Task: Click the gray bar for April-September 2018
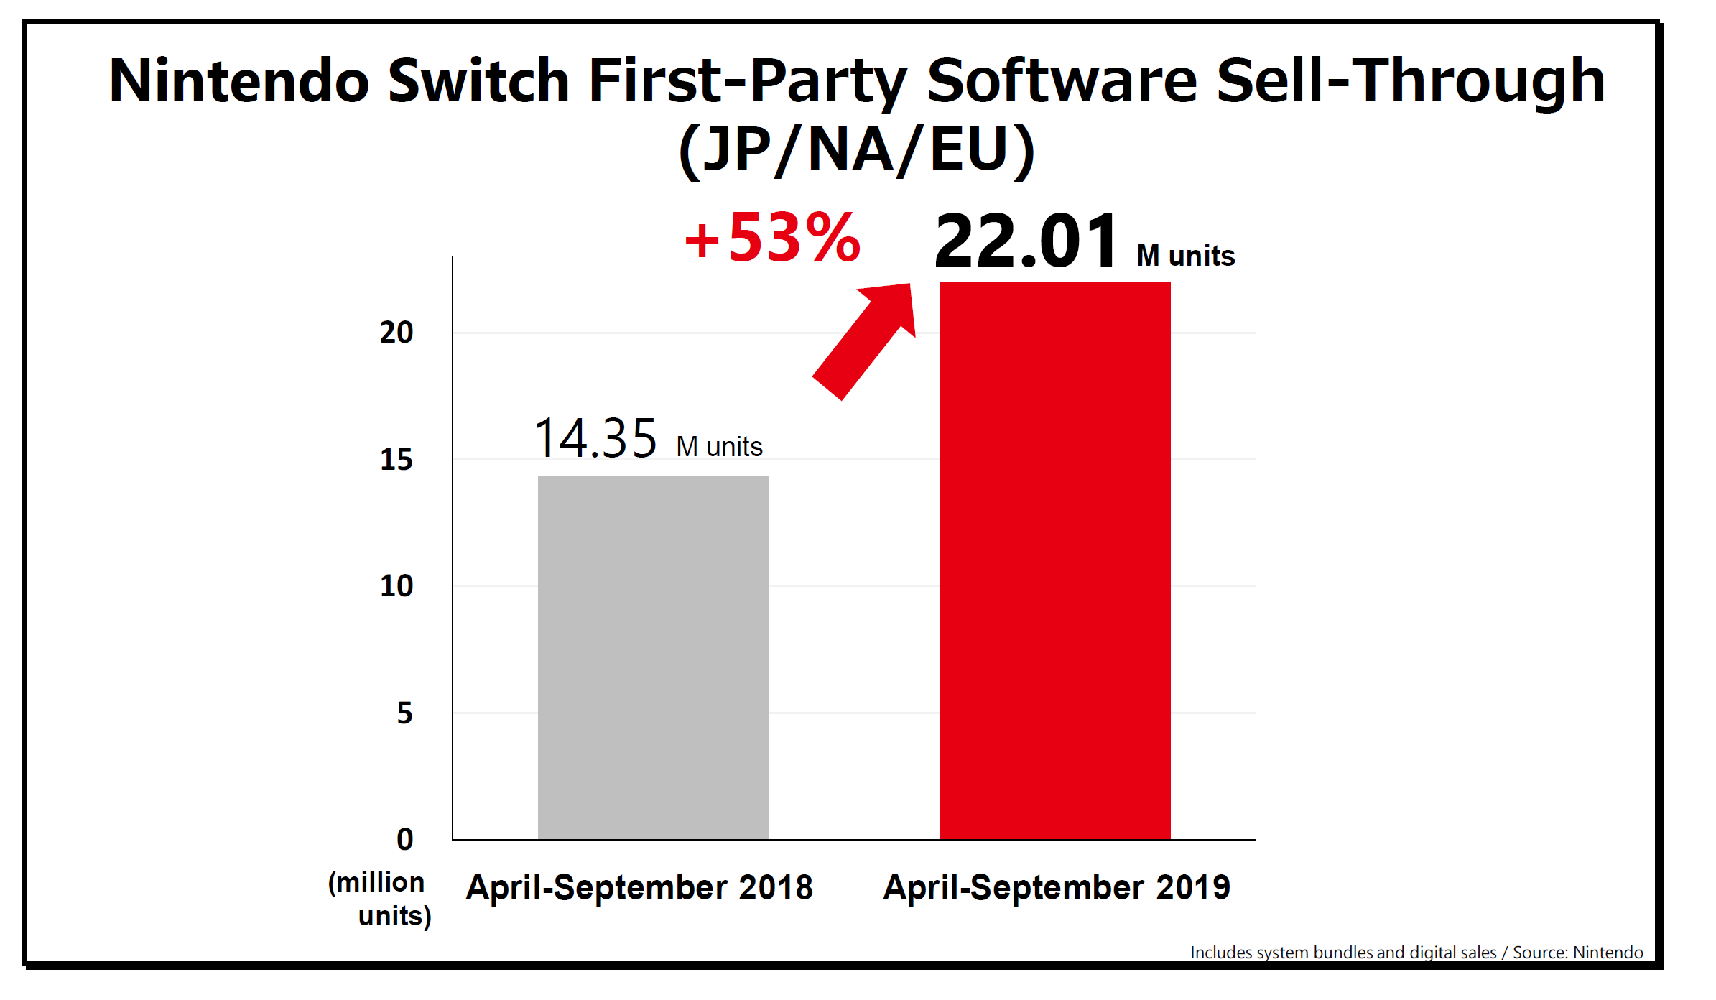click(653, 657)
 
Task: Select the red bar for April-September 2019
click(1054, 560)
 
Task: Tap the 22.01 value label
click(1026, 241)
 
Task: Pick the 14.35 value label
click(595, 438)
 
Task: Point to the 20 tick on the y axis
click(396, 333)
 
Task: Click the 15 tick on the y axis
click(396, 460)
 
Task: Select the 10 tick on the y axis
click(396, 586)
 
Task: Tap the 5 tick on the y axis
click(405, 713)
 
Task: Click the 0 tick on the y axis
click(405, 839)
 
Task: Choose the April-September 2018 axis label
click(639, 888)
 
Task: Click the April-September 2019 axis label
click(1057, 888)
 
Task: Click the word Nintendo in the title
click(239, 80)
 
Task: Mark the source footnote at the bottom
click(1416, 953)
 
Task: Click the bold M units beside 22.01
click(1185, 256)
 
